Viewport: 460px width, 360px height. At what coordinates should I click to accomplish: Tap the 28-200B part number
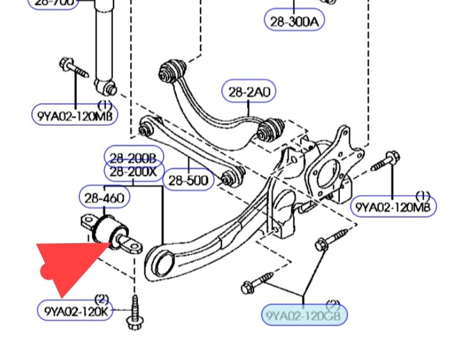[x=134, y=157]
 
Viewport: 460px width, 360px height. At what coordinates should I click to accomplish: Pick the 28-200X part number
[x=134, y=171]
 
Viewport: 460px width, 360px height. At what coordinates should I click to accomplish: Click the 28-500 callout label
[x=188, y=181]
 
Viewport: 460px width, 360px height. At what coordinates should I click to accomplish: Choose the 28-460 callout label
[x=104, y=199]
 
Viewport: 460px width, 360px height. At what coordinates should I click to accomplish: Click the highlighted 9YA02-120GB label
[x=305, y=315]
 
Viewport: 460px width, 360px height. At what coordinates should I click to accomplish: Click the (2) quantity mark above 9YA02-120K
[x=101, y=299]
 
